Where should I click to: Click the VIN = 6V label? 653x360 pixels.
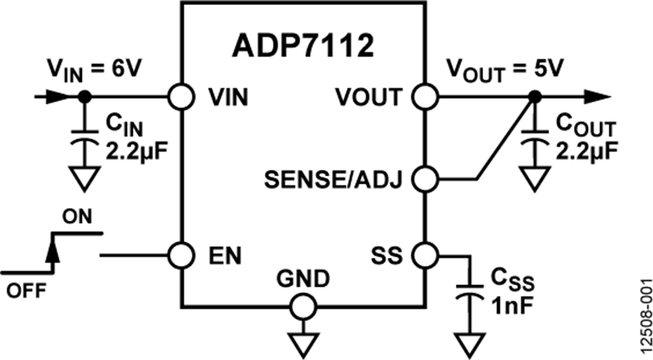coord(94,70)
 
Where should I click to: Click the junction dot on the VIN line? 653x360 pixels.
coord(84,96)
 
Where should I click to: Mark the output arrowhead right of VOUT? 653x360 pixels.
coord(597,96)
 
